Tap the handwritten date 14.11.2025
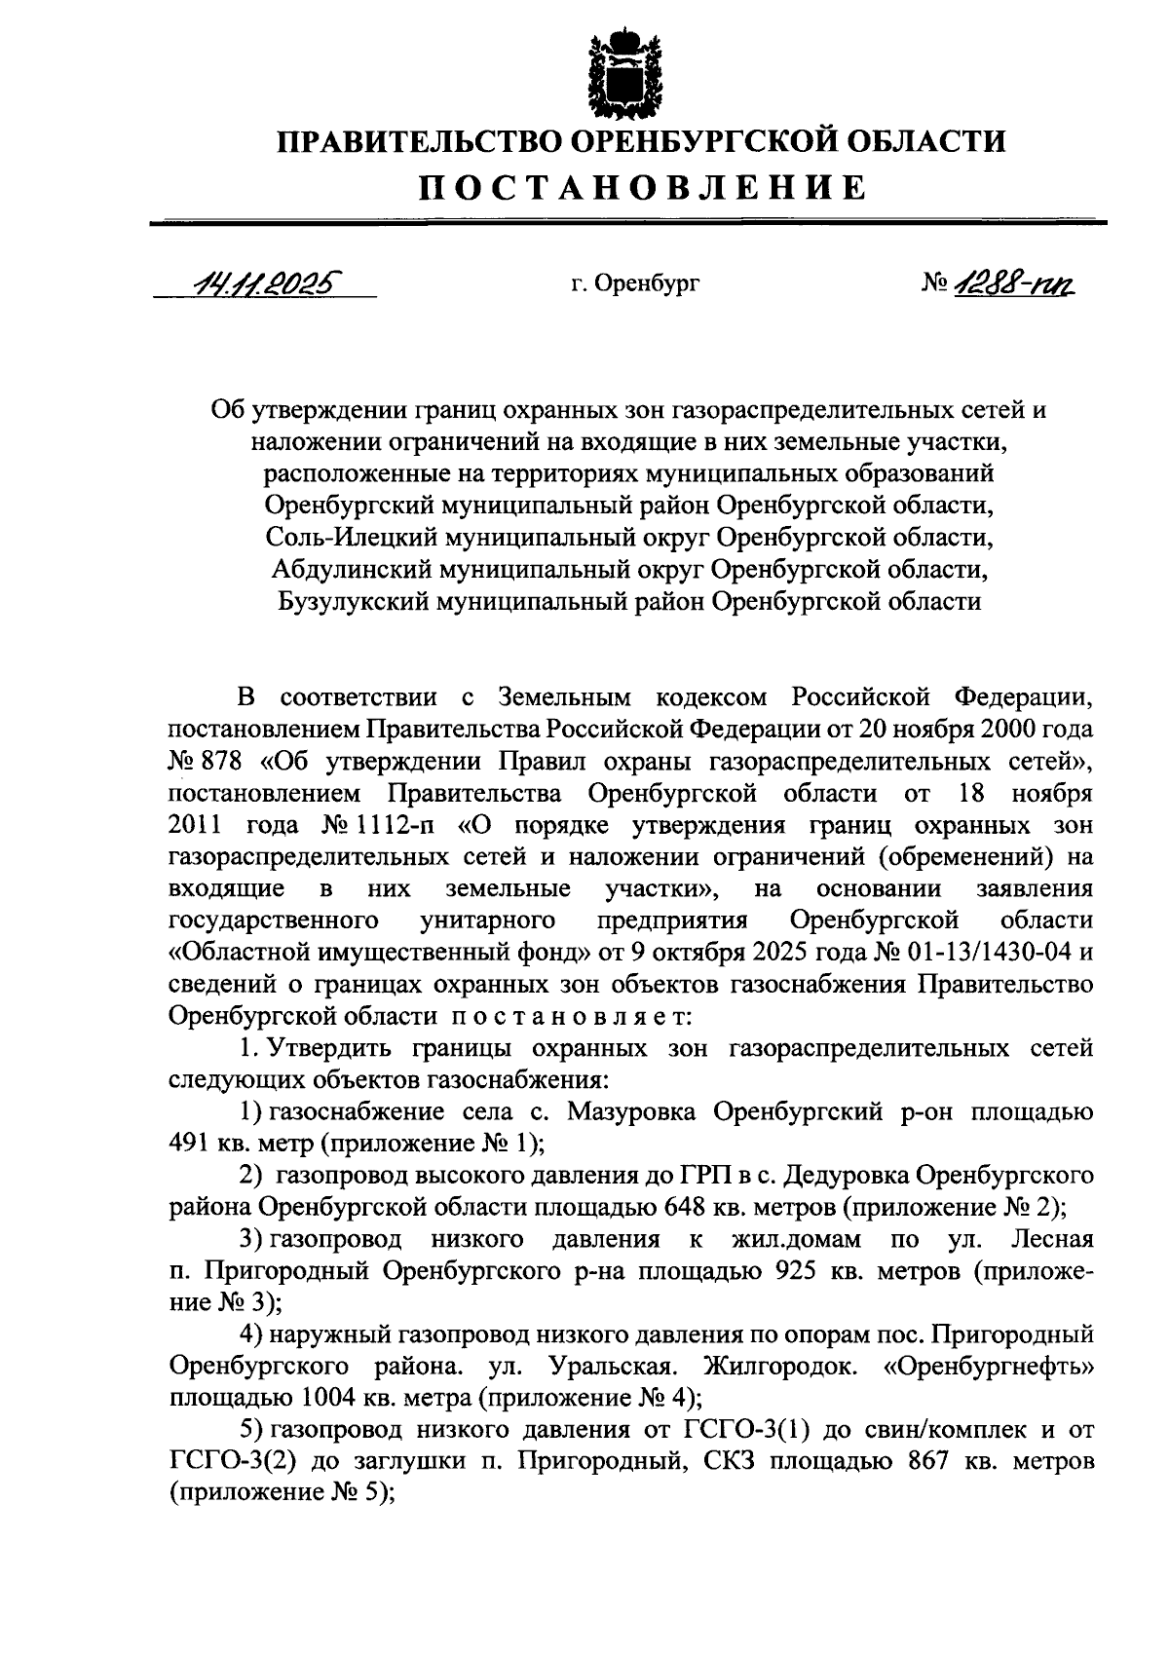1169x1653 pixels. pyautogui.click(x=264, y=282)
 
